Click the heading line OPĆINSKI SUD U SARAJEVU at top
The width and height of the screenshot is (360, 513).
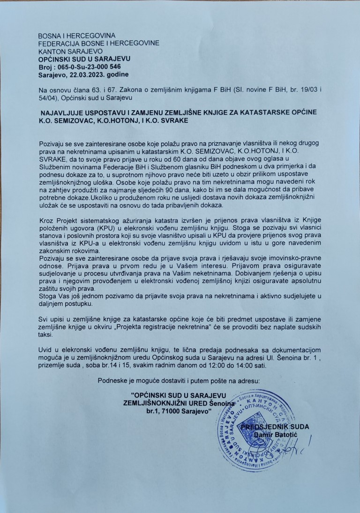[x=84, y=59]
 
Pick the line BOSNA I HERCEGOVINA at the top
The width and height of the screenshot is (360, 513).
[x=76, y=36]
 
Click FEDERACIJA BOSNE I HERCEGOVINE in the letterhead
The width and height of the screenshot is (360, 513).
[x=99, y=43]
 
